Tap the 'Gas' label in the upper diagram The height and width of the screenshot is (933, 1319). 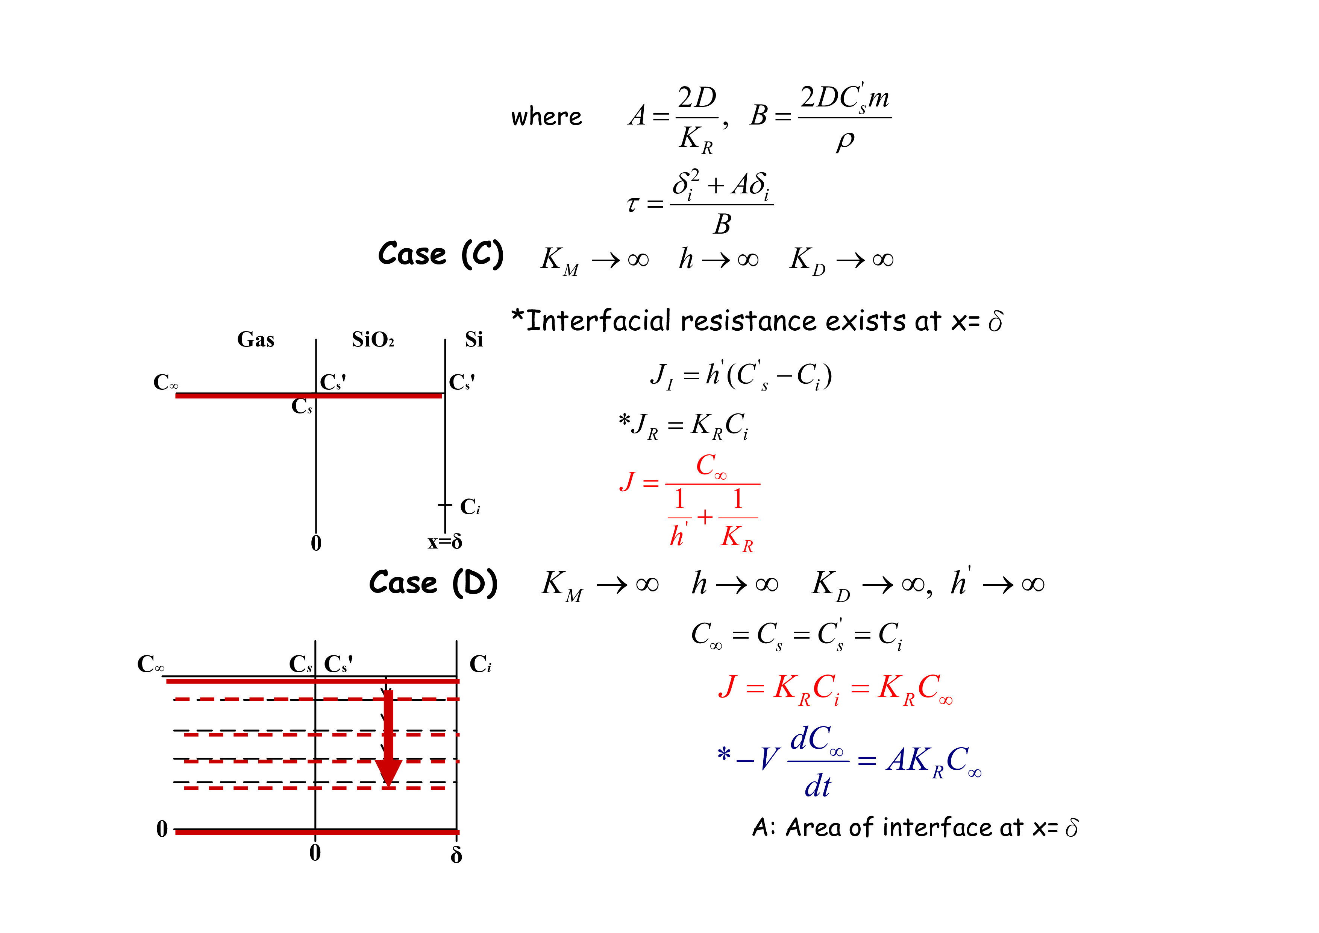256,340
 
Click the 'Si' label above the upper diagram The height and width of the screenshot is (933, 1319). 474,340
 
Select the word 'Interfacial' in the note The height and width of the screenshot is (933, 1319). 598,321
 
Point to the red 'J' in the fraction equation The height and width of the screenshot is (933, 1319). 627,481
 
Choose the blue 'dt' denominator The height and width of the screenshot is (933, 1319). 817,786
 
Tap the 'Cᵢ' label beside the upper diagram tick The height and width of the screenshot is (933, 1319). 469,507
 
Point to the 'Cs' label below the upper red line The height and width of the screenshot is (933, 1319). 302,406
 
